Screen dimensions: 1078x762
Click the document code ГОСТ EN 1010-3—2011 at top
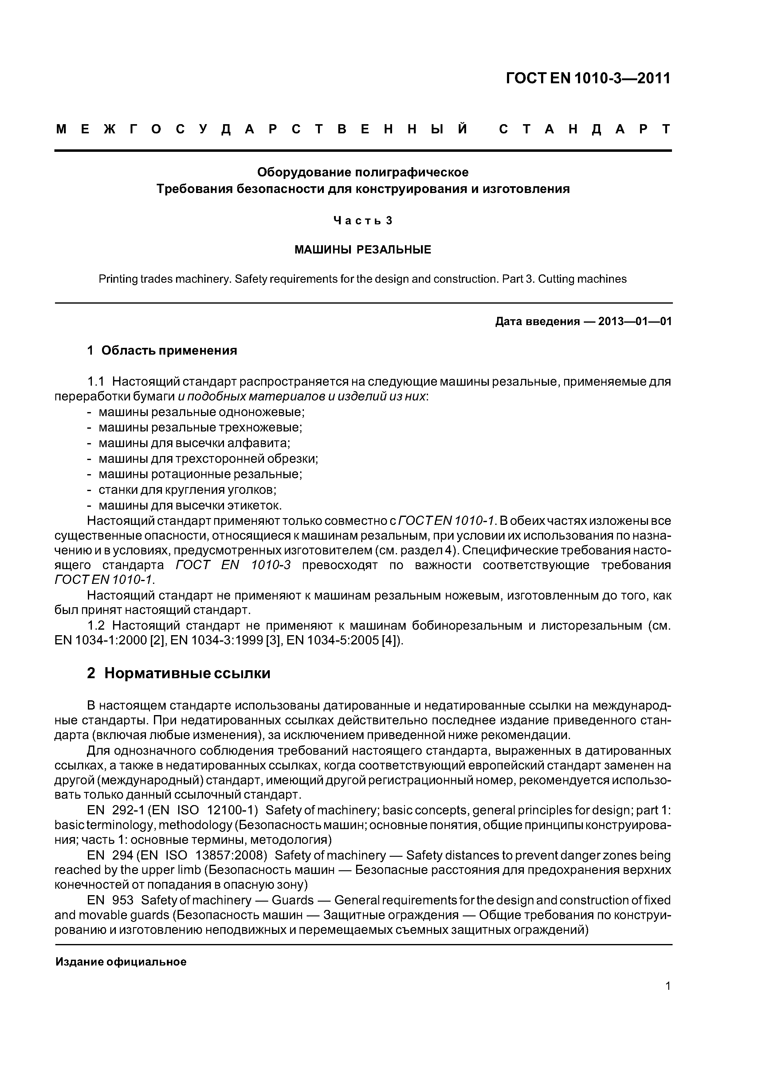pos(588,78)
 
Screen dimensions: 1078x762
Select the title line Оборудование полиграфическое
pos(363,172)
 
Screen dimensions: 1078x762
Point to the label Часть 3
pos(363,220)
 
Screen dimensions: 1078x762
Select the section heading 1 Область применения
pos(162,350)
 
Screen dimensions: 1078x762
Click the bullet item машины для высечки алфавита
pos(194,443)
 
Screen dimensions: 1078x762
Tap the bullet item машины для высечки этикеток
pos(190,505)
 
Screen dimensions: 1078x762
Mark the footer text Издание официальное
pos(121,962)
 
